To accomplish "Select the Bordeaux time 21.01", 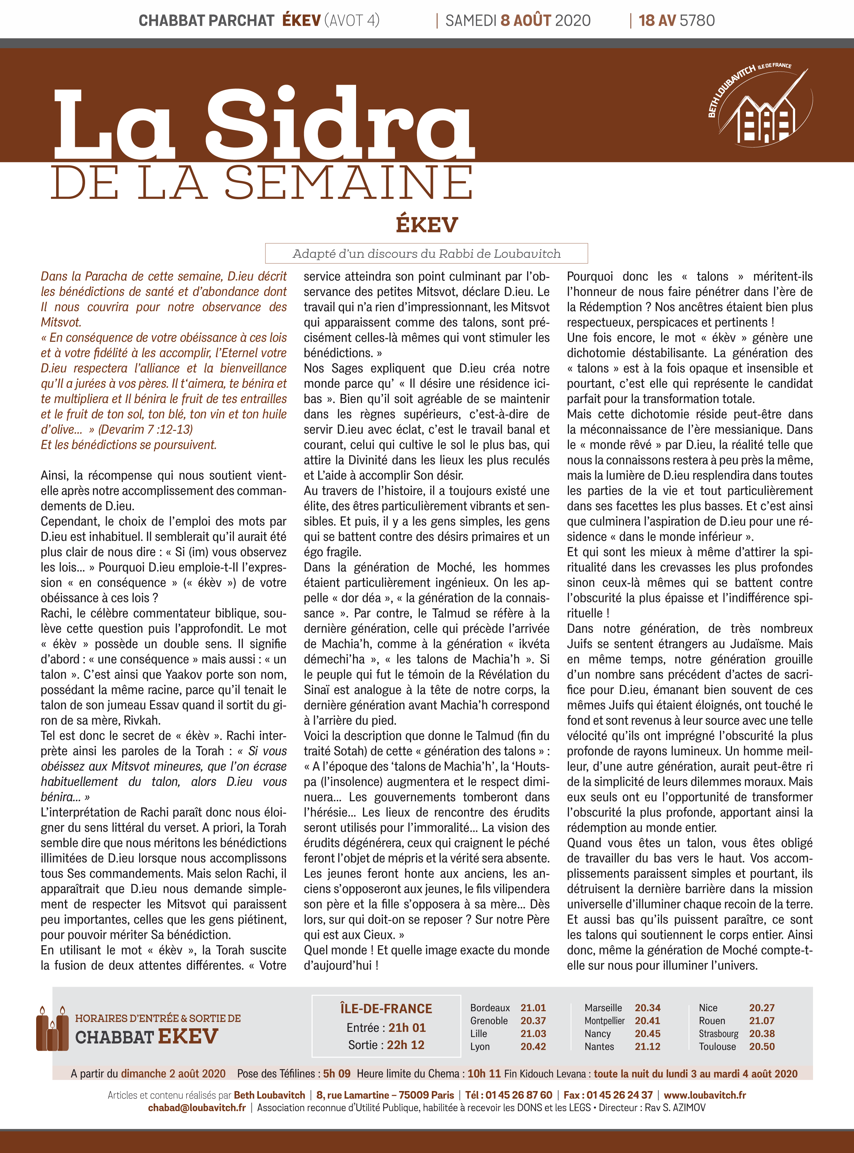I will [x=533, y=1008].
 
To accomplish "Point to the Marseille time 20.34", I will [x=647, y=1008].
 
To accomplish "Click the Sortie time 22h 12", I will [x=405, y=1045].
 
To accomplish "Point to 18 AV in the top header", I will [x=657, y=21].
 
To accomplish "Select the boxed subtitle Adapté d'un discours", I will [x=426, y=254].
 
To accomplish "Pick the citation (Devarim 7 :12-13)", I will [x=145, y=429].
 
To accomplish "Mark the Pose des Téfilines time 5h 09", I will [x=336, y=1073].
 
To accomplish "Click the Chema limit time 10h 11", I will [x=484, y=1073].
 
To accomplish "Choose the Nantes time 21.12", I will [x=647, y=1047].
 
